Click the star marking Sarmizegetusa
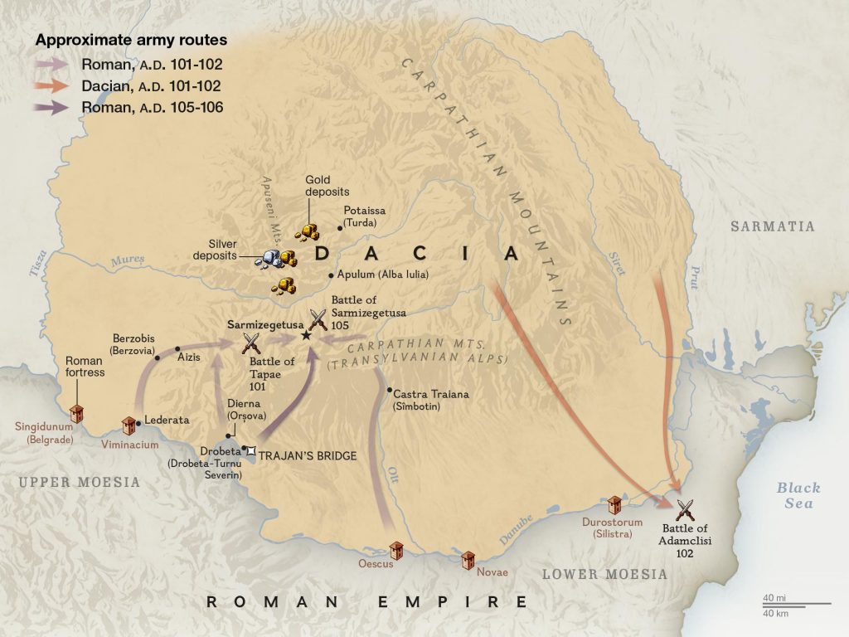[306, 334]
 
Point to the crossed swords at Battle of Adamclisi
[685, 509]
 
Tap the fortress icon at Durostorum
[615, 505]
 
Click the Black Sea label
[798, 495]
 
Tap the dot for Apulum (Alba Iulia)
[330, 275]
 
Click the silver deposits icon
[268, 258]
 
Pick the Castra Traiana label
[430, 394]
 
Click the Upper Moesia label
[80, 483]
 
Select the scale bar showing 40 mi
[797, 603]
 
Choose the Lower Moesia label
[604, 574]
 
